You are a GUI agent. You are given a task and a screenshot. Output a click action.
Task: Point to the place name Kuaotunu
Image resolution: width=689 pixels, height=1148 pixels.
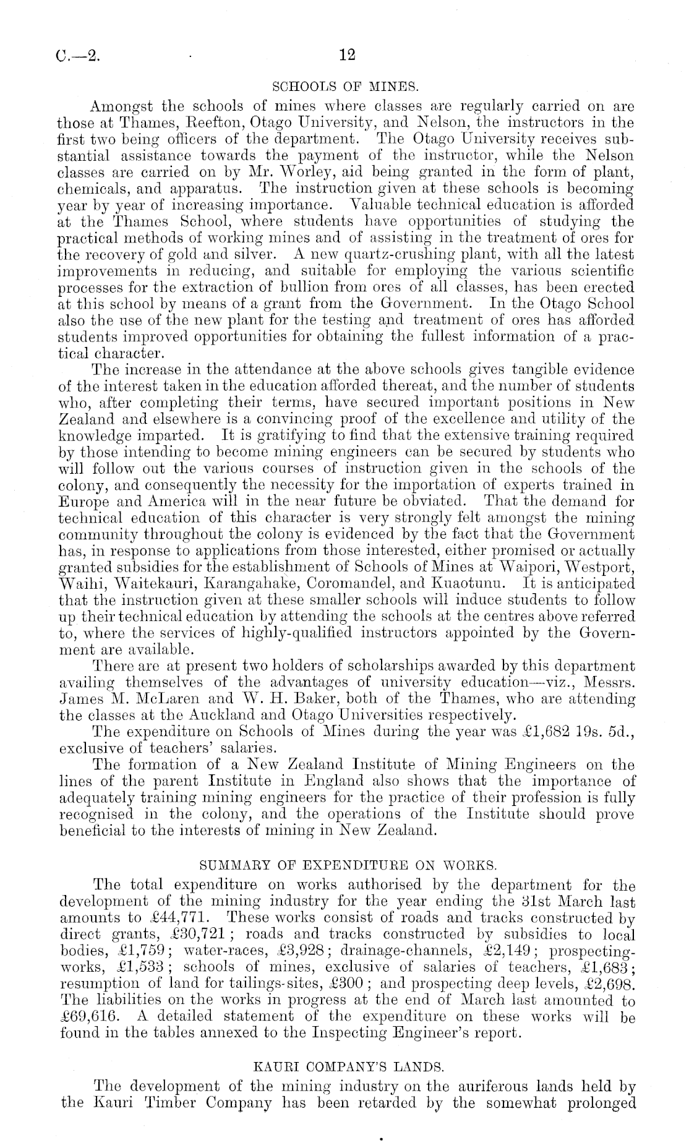coord(469,583)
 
